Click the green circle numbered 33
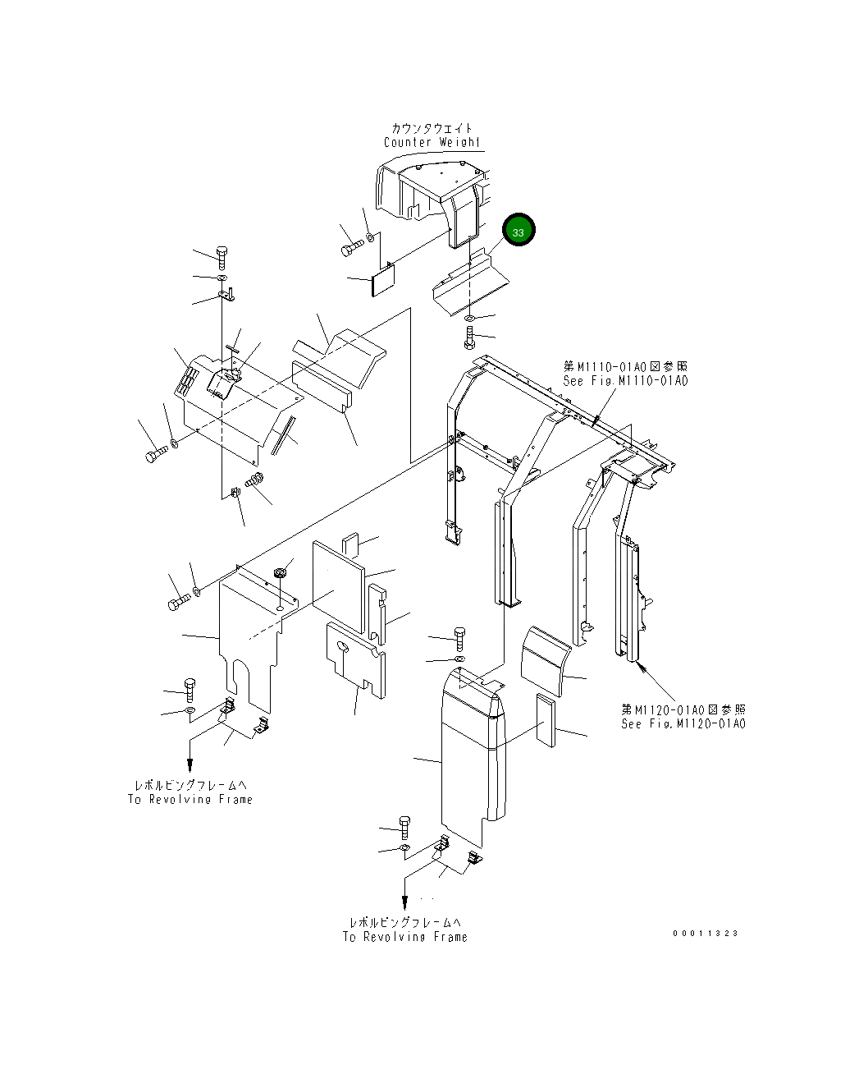tap(519, 232)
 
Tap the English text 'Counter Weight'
tap(432, 142)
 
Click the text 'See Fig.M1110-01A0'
tap(625, 381)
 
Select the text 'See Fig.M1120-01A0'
tap(683, 723)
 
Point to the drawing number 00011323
tap(706, 934)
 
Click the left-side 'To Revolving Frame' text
tap(190, 799)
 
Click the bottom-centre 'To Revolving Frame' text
tap(405, 936)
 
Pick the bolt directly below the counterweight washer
tap(468, 336)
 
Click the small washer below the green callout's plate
tap(468, 318)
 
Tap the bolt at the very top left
tap(222, 255)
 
